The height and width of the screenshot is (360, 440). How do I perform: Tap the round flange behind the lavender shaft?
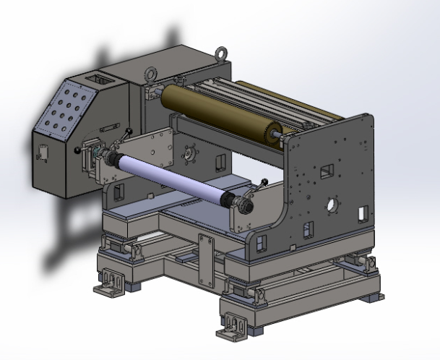[x=191, y=154]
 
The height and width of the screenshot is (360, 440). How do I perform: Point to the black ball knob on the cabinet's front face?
[x=77, y=150]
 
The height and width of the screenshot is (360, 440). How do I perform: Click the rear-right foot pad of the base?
[x=375, y=296]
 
